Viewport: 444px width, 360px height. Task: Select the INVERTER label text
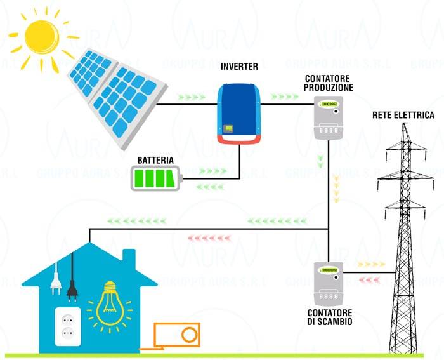[239, 67]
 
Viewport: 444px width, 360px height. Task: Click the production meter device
[329, 117]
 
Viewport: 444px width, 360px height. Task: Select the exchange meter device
[329, 283]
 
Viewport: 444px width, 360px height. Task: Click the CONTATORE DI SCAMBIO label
[330, 317]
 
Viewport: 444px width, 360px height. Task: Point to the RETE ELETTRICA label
[403, 116]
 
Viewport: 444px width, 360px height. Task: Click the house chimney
[128, 257]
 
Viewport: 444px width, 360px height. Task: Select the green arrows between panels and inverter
[192, 98]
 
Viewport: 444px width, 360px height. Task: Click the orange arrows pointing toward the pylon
[371, 263]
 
